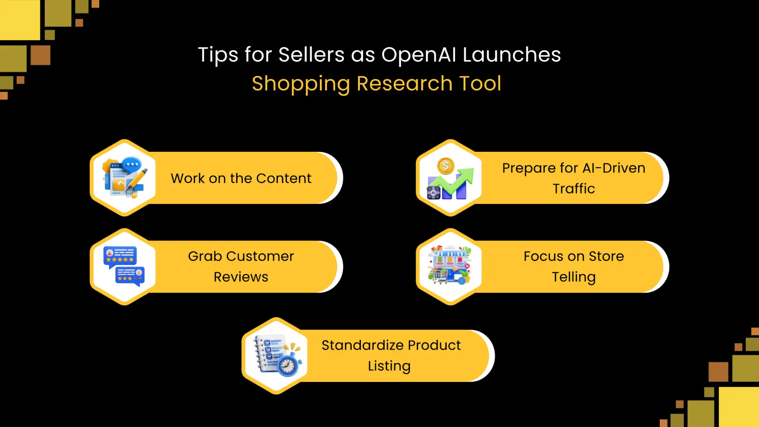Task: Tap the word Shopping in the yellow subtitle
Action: click(x=300, y=84)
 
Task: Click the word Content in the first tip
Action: click(x=283, y=178)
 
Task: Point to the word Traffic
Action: click(x=574, y=189)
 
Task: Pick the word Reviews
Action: click(x=241, y=277)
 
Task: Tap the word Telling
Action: click(x=574, y=277)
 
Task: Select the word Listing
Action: click(x=389, y=366)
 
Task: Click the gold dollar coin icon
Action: click(x=446, y=166)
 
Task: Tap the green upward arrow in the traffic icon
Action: click(x=461, y=180)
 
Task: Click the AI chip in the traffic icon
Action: click(x=434, y=193)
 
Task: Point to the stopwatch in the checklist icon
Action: click(x=288, y=365)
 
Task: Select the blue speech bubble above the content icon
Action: click(x=132, y=164)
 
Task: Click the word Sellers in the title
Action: click(x=311, y=55)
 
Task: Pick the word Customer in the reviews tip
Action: click(x=260, y=256)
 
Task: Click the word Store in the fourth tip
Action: click(x=606, y=256)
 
